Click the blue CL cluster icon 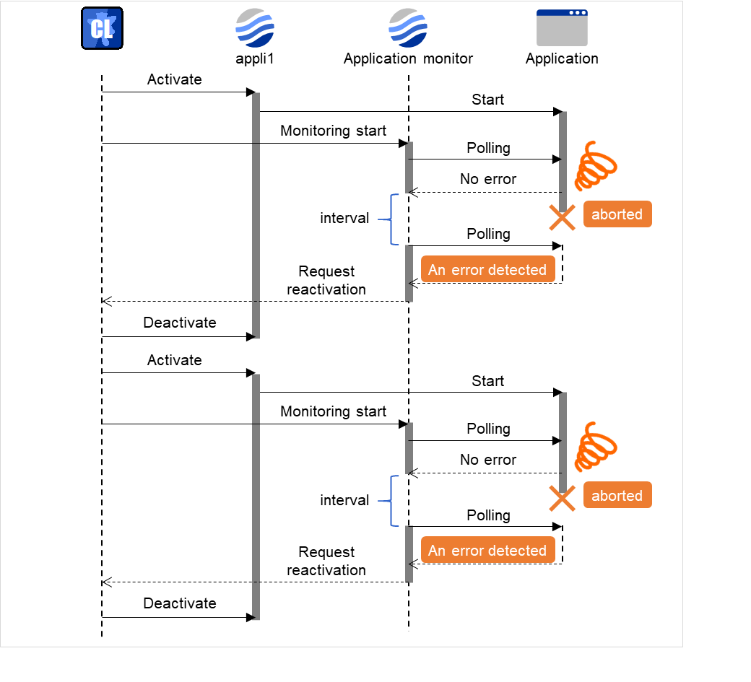click(102, 28)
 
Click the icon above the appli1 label click(255, 28)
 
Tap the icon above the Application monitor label click(408, 28)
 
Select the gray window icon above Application click(562, 28)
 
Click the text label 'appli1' click(255, 58)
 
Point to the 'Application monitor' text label click(408, 58)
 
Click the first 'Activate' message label click(175, 79)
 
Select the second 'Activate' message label click(175, 360)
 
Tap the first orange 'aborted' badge click(617, 214)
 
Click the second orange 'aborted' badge click(617, 496)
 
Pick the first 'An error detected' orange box click(487, 270)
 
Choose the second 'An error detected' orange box click(487, 551)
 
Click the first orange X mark click(562, 217)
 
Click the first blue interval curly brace click(391, 219)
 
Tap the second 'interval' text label click(344, 500)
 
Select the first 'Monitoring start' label click(333, 131)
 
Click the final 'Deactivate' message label click(180, 603)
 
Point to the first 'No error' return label click(488, 179)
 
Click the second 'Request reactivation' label click(326, 561)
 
